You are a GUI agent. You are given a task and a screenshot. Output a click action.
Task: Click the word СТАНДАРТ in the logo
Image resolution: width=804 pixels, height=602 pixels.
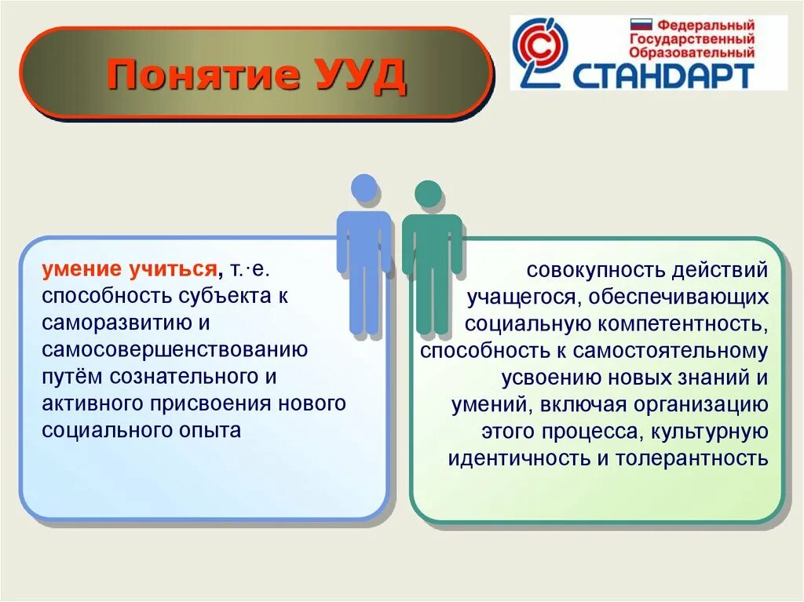click(x=663, y=75)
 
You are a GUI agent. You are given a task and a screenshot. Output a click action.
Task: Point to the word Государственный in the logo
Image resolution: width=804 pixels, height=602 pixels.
click(x=692, y=39)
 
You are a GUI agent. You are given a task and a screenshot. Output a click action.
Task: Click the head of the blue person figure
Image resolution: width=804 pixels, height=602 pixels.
click(x=364, y=188)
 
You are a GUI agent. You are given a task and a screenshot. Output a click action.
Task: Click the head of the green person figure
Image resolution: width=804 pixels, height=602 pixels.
click(x=428, y=194)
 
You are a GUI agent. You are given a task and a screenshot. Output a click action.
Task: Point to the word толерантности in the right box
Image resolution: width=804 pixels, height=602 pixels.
click(x=692, y=458)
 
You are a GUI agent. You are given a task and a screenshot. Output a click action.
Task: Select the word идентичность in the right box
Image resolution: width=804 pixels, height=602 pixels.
click(x=519, y=458)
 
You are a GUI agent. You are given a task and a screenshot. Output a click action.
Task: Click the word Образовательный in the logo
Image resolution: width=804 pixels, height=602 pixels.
click(x=693, y=53)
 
